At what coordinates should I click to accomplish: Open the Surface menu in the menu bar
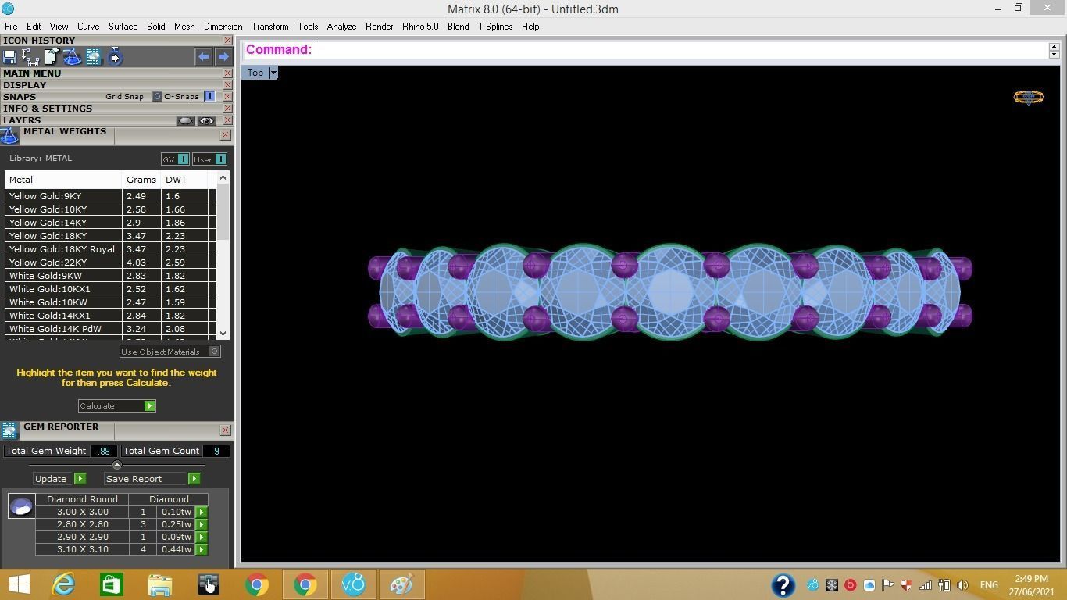click(123, 27)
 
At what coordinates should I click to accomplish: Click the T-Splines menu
click(495, 27)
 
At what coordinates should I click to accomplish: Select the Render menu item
click(379, 27)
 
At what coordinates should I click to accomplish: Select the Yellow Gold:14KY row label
click(48, 223)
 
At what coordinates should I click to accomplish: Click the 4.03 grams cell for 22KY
click(137, 262)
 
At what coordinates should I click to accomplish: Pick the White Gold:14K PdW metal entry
click(55, 329)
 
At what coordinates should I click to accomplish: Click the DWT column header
click(176, 180)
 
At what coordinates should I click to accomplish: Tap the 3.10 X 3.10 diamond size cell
click(82, 549)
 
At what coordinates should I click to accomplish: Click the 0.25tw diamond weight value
click(176, 524)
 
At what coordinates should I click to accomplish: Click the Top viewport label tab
click(255, 73)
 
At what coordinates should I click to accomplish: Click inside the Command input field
click(680, 50)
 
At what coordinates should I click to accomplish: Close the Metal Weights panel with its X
click(225, 135)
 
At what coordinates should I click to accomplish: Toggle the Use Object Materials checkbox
click(215, 352)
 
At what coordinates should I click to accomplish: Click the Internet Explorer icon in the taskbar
click(63, 584)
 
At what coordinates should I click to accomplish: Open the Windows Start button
click(19, 584)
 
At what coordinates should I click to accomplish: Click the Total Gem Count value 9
click(216, 451)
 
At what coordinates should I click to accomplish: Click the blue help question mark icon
click(783, 584)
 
